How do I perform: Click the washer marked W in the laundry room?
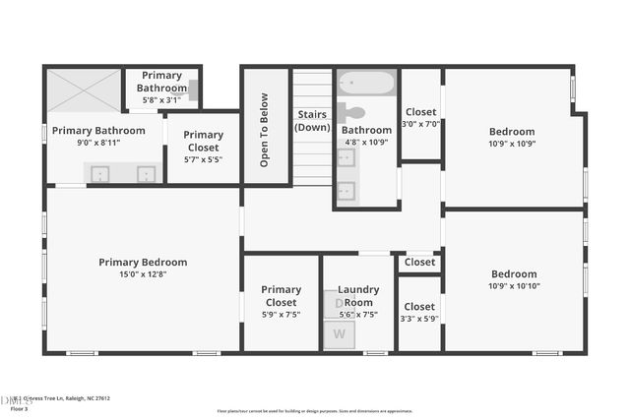(340, 333)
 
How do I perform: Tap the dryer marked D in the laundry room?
(337, 304)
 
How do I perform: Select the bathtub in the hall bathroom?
(366, 84)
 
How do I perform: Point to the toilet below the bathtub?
(351, 112)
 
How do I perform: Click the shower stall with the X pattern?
(84, 90)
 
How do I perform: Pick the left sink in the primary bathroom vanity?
(100, 174)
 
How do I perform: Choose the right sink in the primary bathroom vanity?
(146, 174)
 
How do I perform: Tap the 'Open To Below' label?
(264, 130)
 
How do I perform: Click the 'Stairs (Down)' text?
(313, 121)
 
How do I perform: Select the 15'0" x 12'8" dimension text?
(143, 274)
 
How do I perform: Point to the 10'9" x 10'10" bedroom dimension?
(514, 286)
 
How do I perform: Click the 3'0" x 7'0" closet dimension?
(420, 124)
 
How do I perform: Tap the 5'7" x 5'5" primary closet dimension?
(203, 158)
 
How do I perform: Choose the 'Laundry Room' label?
(358, 296)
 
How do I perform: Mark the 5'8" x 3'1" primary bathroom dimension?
(162, 100)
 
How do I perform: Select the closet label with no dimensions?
(419, 263)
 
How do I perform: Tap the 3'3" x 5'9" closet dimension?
(419, 319)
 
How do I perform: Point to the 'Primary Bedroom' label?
(143, 263)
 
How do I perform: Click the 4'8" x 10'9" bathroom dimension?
(365, 142)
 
